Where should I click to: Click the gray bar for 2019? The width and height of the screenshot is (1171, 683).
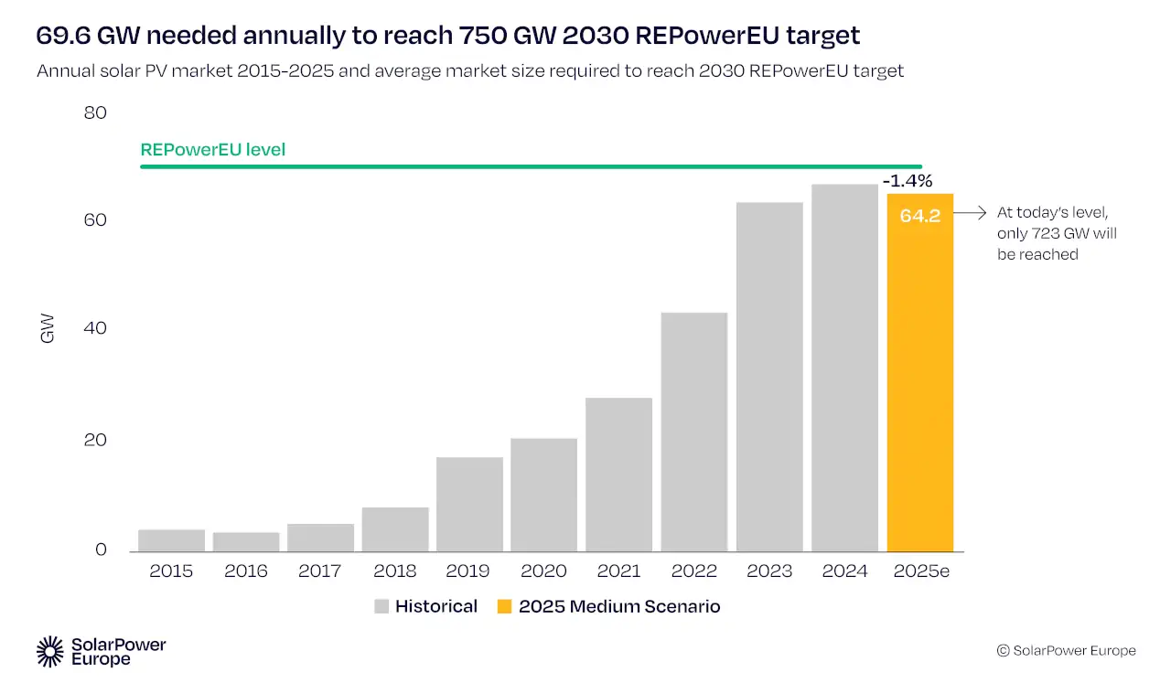click(x=469, y=504)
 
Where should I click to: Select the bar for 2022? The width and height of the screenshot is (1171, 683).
click(x=694, y=432)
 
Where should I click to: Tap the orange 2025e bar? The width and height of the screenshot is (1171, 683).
click(x=920, y=384)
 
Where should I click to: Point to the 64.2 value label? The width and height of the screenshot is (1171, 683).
click(x=920, y=218)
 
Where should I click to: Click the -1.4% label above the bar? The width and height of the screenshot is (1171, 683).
click(x=907, y=181)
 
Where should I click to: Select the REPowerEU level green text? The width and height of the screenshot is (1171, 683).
click(x=212, y=149)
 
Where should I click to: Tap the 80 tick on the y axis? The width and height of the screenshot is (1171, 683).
click(x=95, y=113)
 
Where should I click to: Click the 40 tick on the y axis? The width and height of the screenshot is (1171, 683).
click(x=95, y=328)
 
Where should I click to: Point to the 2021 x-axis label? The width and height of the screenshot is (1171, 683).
click(x=619, y=571)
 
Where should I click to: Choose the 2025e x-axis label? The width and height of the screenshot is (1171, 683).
click(x=921, y=571)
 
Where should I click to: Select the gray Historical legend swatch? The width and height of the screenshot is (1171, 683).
click(x=381, y=606)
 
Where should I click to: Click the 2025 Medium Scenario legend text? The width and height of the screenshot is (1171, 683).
click(x=619, y=606)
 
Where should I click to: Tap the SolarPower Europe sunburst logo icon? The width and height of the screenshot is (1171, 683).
click(x=50, y=651)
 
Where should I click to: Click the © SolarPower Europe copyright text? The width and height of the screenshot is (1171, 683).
click(x=1066, y=651)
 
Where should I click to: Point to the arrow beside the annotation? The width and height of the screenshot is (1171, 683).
click(x=971, y=213)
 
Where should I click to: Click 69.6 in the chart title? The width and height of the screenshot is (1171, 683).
click(x=62, y=36)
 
